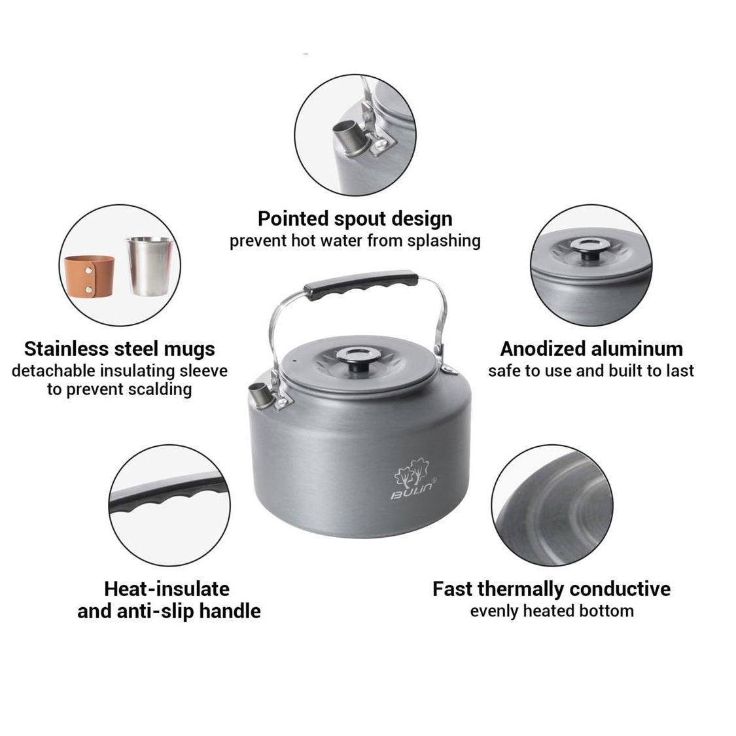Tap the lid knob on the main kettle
[357, 359]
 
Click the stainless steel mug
[150, 266]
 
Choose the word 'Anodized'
[542, 349]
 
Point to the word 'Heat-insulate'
[167, 589]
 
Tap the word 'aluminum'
[637, 349]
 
